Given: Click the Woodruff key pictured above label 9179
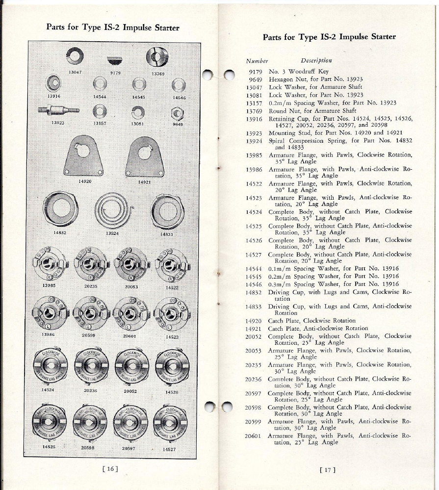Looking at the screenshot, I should (x=114, y=60).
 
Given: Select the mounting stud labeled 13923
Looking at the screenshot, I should (x=58, y=109).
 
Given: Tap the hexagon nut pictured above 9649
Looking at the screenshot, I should (x=177, y=114).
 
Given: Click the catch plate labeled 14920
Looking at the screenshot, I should (x=83, y=156).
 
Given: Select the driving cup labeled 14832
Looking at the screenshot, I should (x=60, y=209).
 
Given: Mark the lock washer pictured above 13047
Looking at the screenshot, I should (x=75, y=55).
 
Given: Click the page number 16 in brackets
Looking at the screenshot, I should (x=110, y=468).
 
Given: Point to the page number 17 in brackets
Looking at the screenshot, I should (x=327, y=469).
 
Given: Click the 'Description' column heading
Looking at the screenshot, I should (x=316, y=61).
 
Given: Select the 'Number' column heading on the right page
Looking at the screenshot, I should (x=257, y=61).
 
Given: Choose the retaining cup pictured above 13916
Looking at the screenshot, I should (x=53, y=82).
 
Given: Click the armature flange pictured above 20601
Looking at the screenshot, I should (x=131, y=313).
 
